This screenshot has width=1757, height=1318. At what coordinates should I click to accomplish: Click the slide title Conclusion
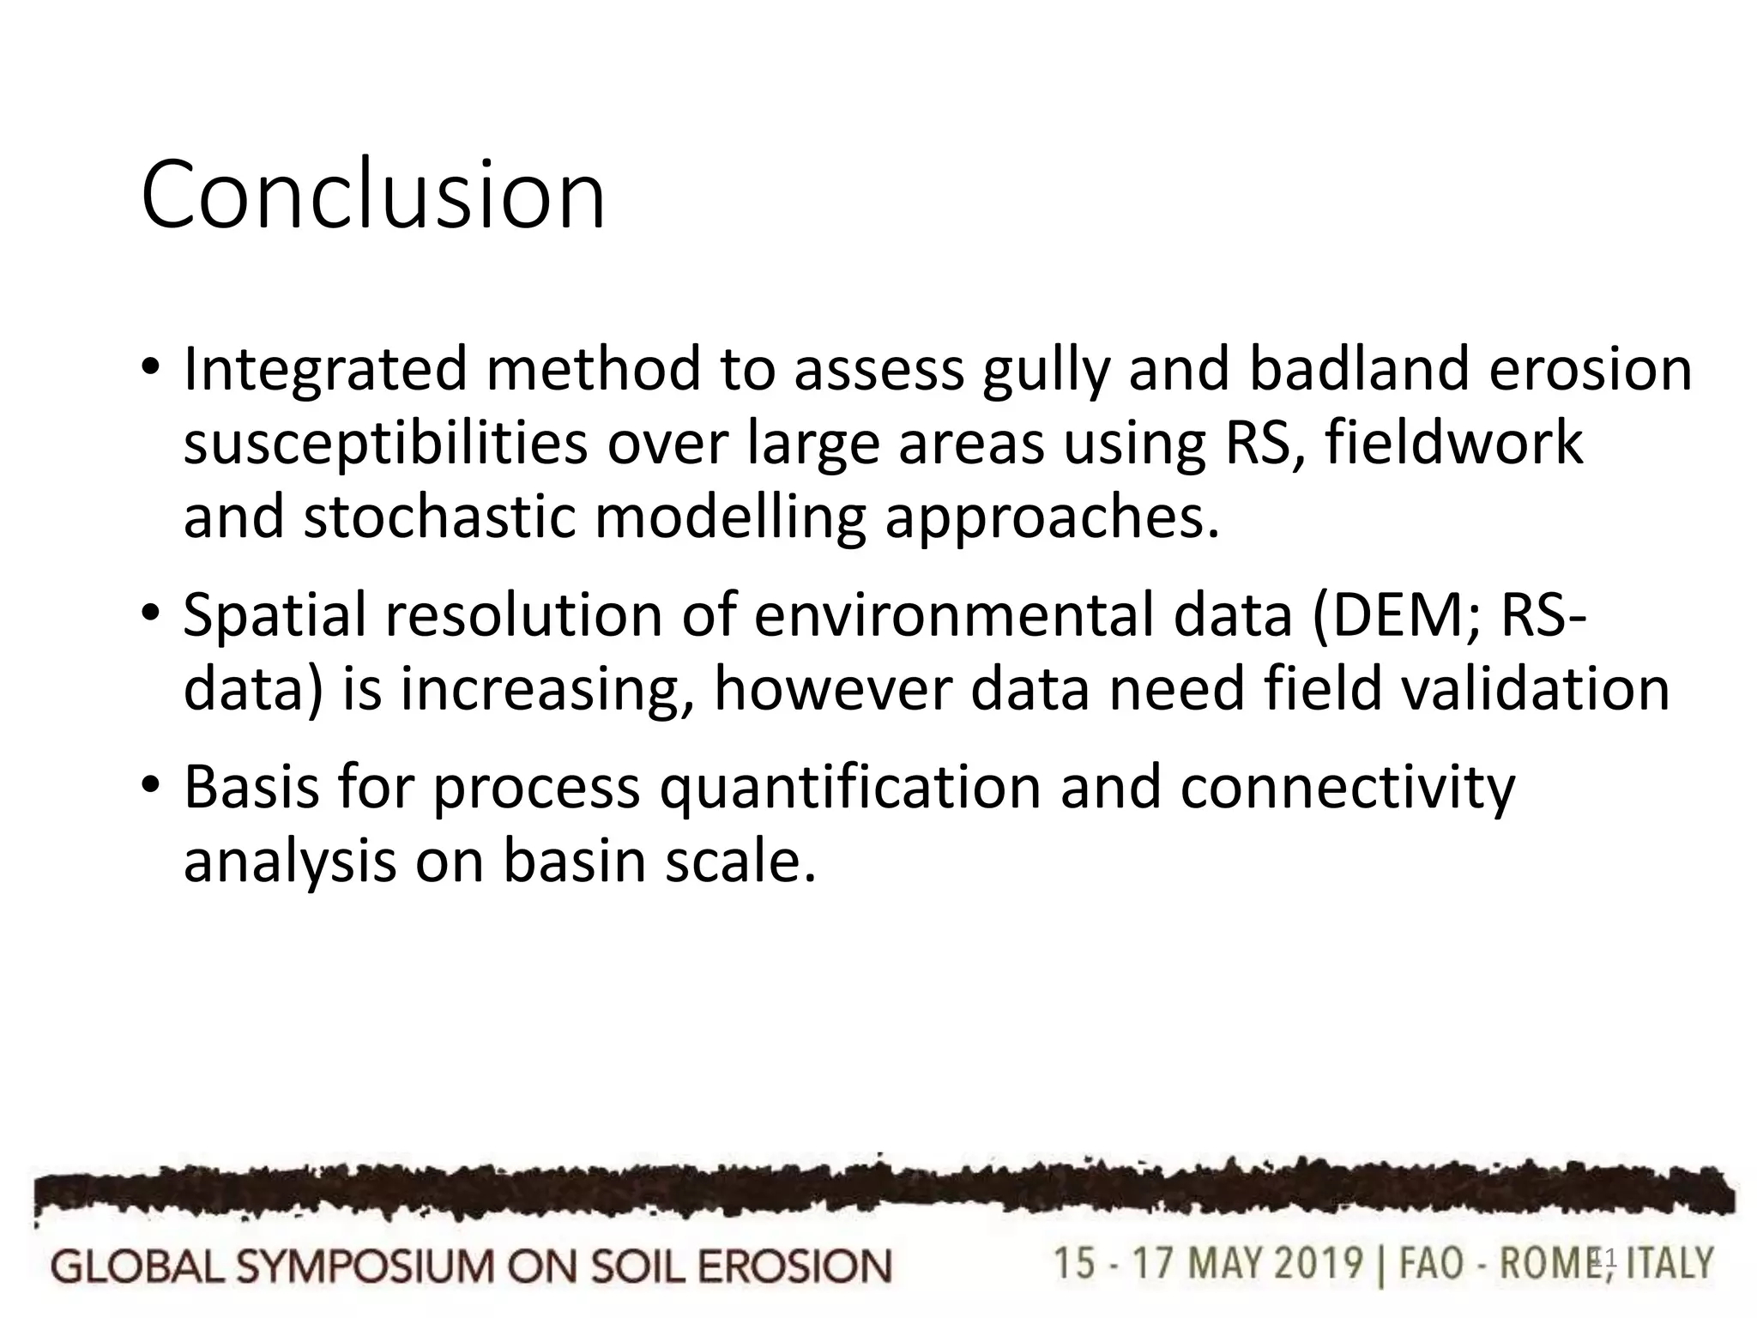click(373, 196)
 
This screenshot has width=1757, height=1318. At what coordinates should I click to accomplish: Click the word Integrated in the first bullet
click(325, 369)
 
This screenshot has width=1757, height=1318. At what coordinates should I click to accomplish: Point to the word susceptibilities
click(385, 444)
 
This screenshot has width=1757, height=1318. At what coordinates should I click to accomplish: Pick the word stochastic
click(439, 517)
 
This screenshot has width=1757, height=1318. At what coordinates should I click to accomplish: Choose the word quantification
click(850, 788)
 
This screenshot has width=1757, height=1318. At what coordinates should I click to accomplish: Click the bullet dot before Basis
click(150, 785)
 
